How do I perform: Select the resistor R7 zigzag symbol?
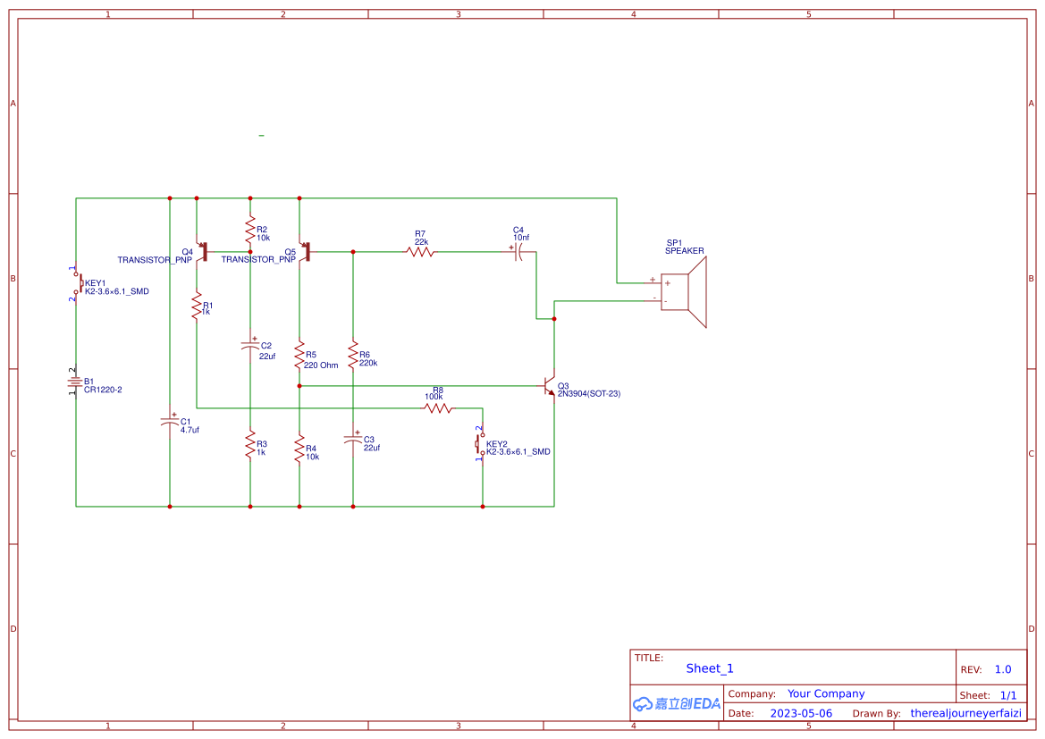coord(420,252)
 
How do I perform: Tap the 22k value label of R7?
coord(421,242)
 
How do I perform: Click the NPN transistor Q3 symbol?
coord(551,387)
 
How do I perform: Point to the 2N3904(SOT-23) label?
coord(588,393)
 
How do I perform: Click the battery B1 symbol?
coord(76,383)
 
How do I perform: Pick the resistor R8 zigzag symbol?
coord(438,408)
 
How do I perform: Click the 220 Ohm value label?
coord(321,365)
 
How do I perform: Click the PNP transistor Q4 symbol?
coord(203,252)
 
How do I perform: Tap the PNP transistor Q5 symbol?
coord(306,252)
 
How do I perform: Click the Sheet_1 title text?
coord(710,668)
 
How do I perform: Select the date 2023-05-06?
coord(801,713)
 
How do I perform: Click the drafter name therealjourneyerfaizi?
coord(965,713)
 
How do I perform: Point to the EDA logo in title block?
coord(677,704)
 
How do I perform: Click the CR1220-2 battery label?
coord(103,390)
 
